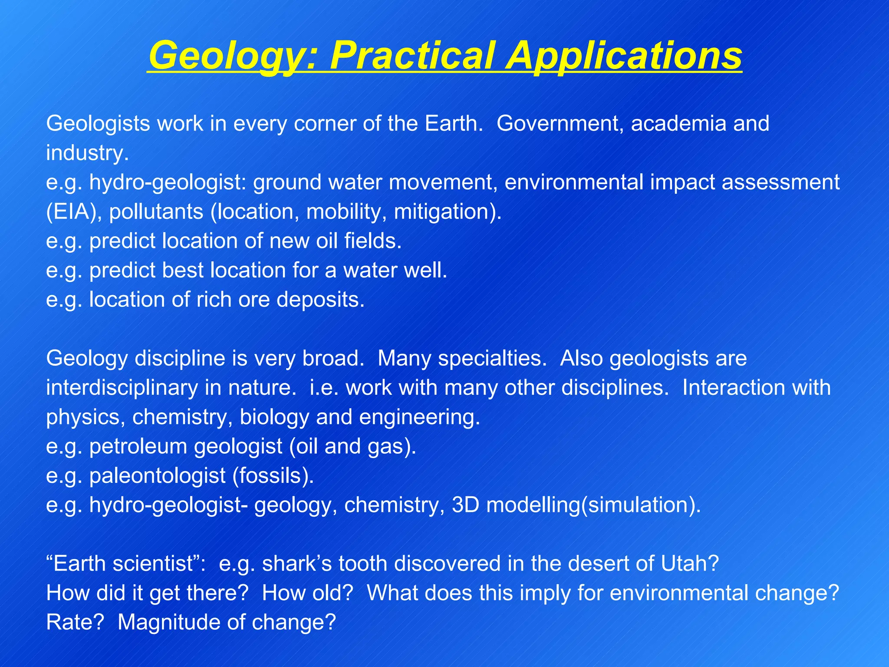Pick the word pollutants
pos(156,212)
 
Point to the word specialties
pos(462,359)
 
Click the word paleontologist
pos(157,476)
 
